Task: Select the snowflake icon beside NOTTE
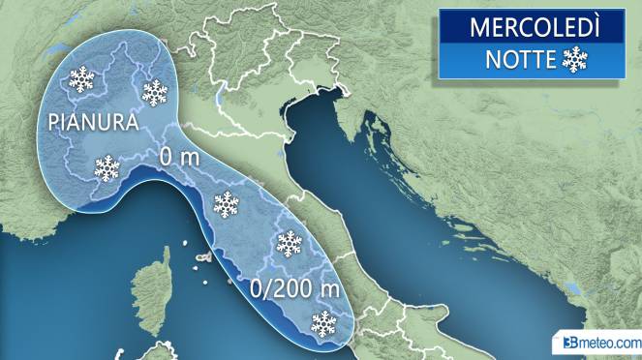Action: pyautogui.click(x=575, y=61)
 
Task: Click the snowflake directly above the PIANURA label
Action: pyautogui.click(x=81, y=79)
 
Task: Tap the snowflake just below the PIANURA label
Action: pyautogui.click(x=107, y=168)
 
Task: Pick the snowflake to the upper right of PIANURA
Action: pyautogui.click(x=155, y=92)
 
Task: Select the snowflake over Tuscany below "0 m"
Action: pyautogui.click(x=226, y=204)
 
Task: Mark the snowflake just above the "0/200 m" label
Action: pyautogui.click(x=289, y=243)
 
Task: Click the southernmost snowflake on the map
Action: pyautogui.click(x=322, y=322)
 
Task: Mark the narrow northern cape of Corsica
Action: pyautogui.click(x=165, y=255)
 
